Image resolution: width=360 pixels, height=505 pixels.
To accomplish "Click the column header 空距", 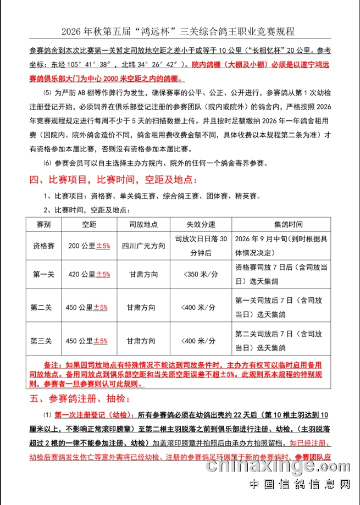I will (x=89, y=225).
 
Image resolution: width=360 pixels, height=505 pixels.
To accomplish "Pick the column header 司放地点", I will (x=143, y=225).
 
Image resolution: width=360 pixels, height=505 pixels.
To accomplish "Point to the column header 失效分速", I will (x=200, y=225).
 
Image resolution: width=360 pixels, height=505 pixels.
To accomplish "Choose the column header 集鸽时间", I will (x=281, y=225).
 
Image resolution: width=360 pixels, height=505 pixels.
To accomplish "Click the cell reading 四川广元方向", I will (x=143, y=246).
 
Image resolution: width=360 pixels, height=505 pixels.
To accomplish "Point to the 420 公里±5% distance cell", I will (x=89, y=274).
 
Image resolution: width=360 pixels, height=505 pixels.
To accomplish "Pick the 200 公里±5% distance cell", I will (x=89, y=246).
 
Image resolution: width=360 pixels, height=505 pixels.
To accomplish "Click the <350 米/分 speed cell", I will (x=200, y=274).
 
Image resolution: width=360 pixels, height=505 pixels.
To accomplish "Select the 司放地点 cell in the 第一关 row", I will (x=143, y=274).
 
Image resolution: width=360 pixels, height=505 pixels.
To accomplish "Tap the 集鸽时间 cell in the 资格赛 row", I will (x=281, y=246).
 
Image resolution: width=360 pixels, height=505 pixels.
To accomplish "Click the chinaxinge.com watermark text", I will (x=280, y=466).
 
